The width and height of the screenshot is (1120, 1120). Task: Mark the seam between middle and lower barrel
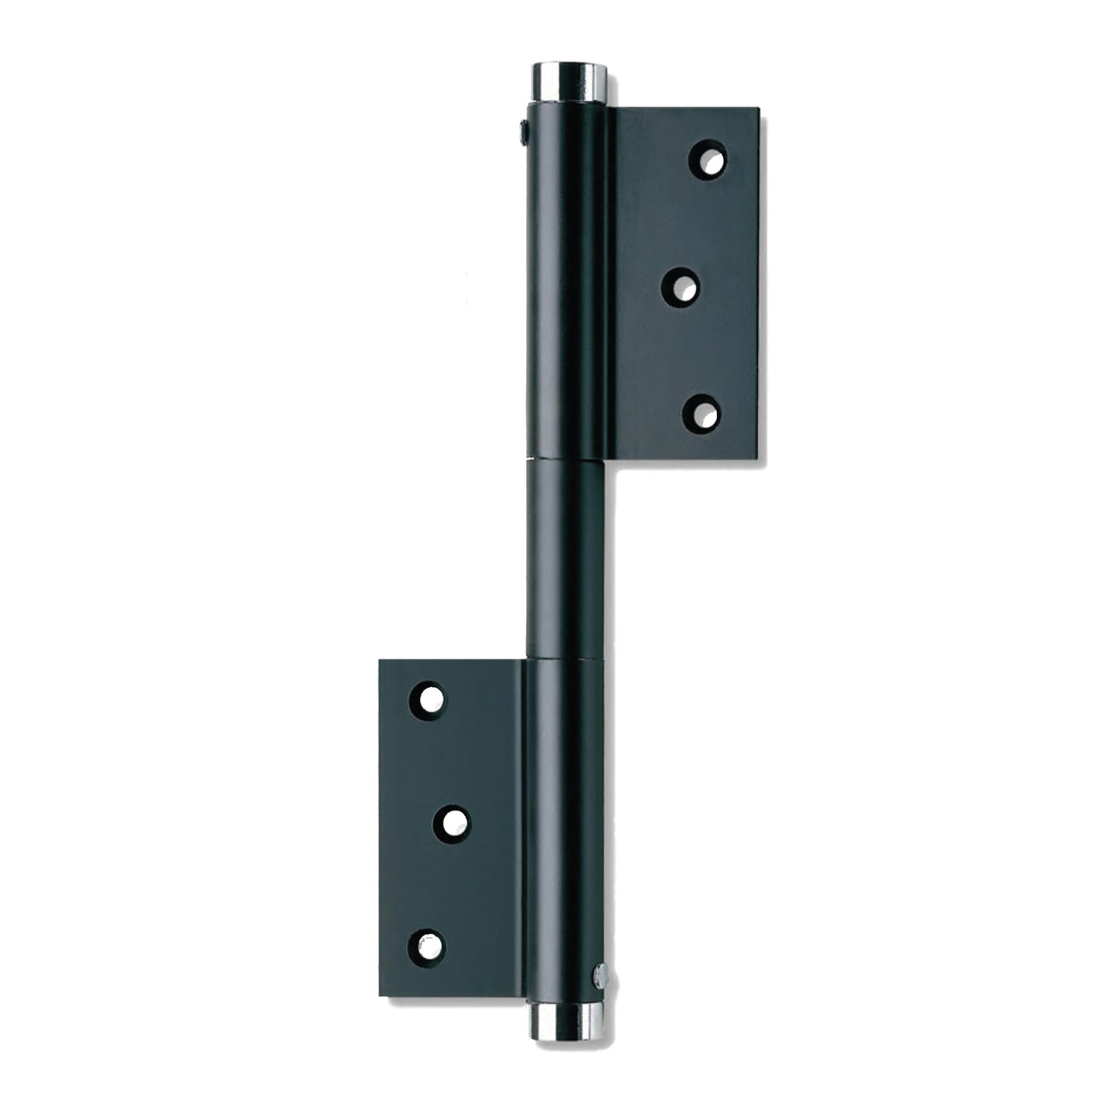pos(565,660)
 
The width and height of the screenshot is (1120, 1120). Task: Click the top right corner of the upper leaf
pos(756,109)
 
